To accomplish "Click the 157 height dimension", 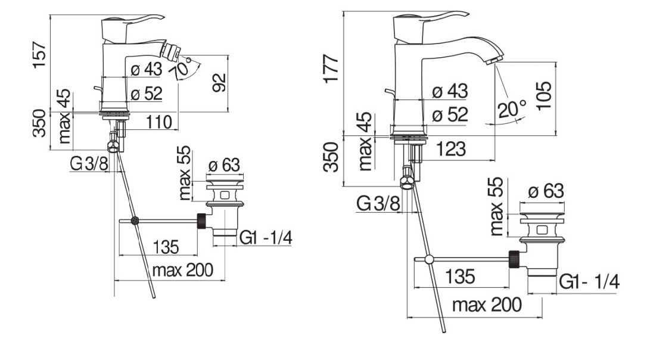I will [40, 55].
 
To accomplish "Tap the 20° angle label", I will [512, 110].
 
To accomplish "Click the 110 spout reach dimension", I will [160, 122].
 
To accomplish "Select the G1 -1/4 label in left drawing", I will [266, 238].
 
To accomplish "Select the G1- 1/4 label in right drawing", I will [588, 282].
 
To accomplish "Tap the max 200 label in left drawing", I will [182, 271].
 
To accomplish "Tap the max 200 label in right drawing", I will [487, 305].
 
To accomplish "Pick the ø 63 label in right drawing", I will [545, 191].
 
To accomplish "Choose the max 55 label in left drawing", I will [184, 173].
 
